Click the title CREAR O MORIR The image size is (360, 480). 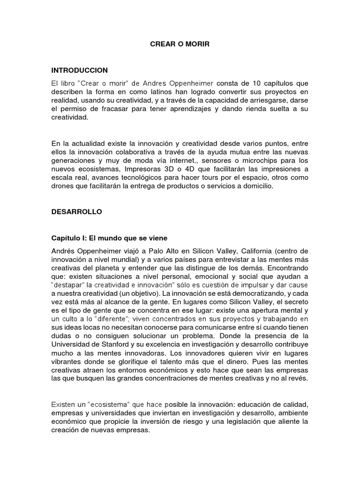pyautogui.click(x=180, y=45)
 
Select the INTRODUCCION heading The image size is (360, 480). pyautogui.click(x=80, y=70)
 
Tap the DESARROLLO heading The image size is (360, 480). pyautogui.click(x=76, y=212)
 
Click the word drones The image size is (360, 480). pyautogui.click(x=62, y=186)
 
